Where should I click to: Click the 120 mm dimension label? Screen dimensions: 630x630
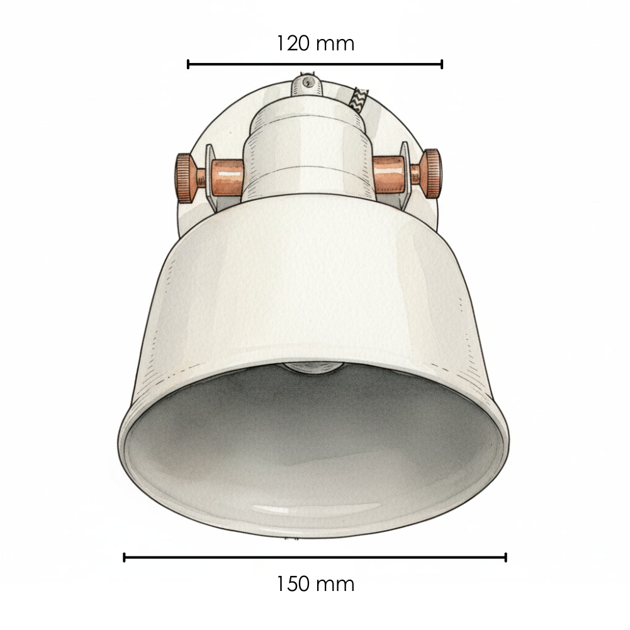[x=315, y=43]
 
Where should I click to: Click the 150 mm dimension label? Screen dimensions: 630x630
[x=315, y=584]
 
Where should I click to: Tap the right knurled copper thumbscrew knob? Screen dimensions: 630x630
[x=432, y=174]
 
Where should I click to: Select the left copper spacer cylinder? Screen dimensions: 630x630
[x=227, y=177]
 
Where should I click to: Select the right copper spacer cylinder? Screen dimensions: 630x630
[x=388, y=174]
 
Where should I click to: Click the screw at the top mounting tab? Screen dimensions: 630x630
[x=308, y=83]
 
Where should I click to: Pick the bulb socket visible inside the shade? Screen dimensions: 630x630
[x=313, y=368]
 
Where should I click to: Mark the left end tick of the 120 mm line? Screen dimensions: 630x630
[x=188, y=64]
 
